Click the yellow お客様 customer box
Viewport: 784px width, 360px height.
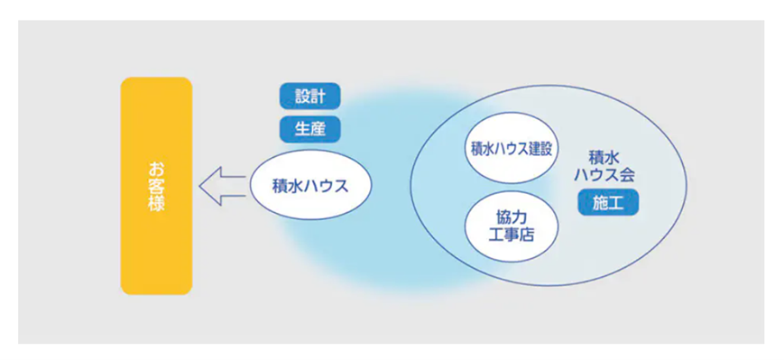tap(156, 186)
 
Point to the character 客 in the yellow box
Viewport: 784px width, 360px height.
tap(156, 186)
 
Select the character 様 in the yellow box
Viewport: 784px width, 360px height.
tap(156, 203)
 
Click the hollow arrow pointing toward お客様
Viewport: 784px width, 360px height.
tap(222, 186)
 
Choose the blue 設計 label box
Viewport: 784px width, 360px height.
tap(310, 96)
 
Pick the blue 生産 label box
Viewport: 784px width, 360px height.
tap(310, 130)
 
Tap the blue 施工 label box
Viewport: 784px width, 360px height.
tap(608, 202)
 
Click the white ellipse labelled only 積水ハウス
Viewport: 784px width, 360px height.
tap(310, 185)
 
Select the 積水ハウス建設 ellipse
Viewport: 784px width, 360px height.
tap(512, 149)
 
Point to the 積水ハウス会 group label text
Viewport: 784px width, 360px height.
tap(604, 167)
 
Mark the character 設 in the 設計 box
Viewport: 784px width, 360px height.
tap(302, 96)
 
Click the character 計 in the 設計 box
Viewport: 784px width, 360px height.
tap(318, 96)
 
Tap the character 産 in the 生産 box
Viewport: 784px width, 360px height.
tap(318, 130)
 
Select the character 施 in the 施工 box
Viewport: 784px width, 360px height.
tap(601, 202)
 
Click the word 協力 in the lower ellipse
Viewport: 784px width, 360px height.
tap(512, 219)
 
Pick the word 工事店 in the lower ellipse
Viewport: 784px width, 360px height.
tap(512, 235)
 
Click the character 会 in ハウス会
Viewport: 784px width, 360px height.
tap(628, 174)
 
